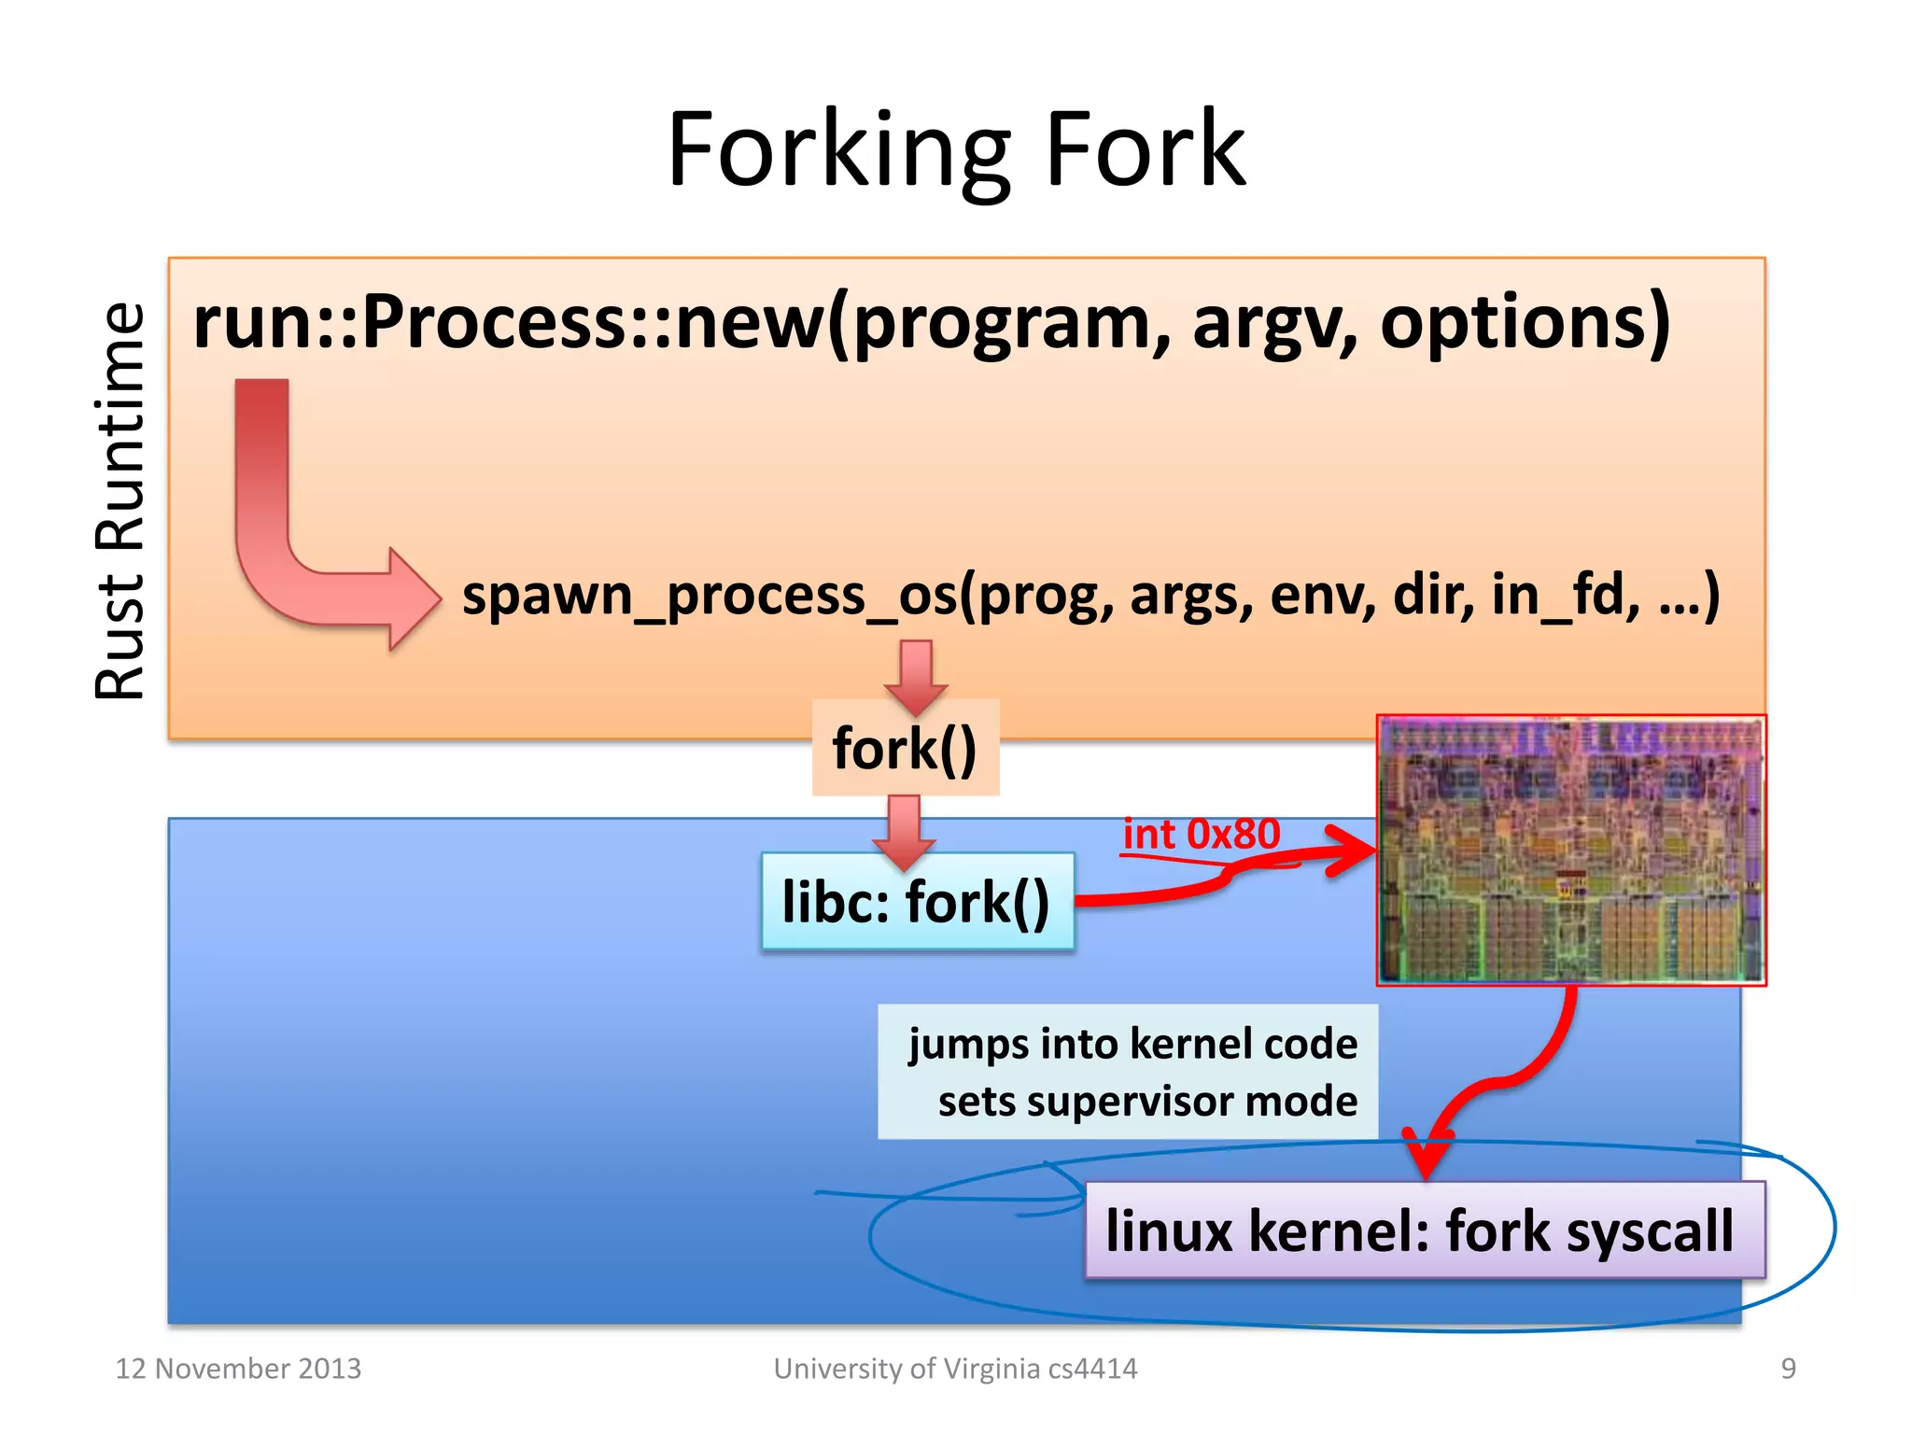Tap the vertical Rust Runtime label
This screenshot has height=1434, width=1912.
click(120, 501)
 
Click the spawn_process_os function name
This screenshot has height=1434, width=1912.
click(710, 595)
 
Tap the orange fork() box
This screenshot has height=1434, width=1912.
click(905, 748)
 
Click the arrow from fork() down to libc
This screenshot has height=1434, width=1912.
click(904, 828)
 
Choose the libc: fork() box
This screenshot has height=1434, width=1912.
click(917, 902)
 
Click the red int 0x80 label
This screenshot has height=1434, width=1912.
click(1201, 834)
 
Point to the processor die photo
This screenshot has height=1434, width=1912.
click(1570, 850)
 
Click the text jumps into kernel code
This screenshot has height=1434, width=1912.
click(1132, 1043)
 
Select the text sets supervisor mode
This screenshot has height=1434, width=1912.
click(1147, 1102)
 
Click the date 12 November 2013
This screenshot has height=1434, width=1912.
click(238, 1368)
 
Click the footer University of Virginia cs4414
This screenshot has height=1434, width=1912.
click(955, 1368)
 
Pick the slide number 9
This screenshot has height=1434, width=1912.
click(1788, 1368)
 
